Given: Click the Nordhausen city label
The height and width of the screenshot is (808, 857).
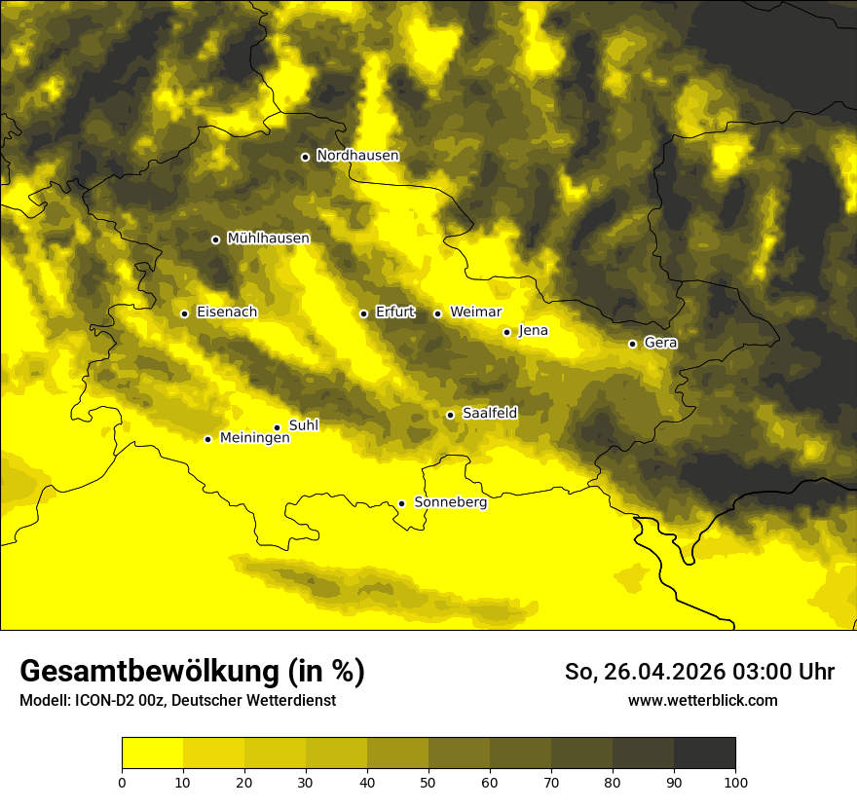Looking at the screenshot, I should (357, 156).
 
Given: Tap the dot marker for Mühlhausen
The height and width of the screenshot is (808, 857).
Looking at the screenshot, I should (215, 239).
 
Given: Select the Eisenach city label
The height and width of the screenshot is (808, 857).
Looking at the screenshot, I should (227, 312).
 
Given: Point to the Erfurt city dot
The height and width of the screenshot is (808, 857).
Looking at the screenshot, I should (363, 313).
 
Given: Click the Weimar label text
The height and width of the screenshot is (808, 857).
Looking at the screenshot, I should (475, 312).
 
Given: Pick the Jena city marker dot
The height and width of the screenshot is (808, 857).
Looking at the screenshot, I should (506, 332).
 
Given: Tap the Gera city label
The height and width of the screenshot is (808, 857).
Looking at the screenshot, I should (660, 343).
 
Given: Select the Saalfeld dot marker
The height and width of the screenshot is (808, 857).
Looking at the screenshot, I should (450, 415).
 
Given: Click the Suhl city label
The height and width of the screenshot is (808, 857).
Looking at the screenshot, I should (303, 425).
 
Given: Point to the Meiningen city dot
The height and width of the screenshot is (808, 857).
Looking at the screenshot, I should (207, 439).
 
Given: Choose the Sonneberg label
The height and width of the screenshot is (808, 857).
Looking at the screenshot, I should (450, 502).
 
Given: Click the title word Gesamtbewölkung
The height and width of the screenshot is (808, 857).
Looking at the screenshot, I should (150, 672).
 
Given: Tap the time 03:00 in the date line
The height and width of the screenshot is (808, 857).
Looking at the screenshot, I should (740, 672).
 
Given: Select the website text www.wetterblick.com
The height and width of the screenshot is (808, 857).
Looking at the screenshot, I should (702, 700).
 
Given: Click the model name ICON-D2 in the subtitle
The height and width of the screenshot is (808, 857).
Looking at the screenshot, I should (104, 701).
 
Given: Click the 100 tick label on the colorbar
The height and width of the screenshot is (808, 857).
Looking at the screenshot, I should (735, 781).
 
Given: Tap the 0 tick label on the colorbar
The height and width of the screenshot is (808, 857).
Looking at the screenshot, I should (122, 781).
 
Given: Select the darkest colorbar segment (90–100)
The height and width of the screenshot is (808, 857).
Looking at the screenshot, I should (704, 753).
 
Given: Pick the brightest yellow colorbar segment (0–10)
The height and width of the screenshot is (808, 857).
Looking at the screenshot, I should (152, 753).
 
